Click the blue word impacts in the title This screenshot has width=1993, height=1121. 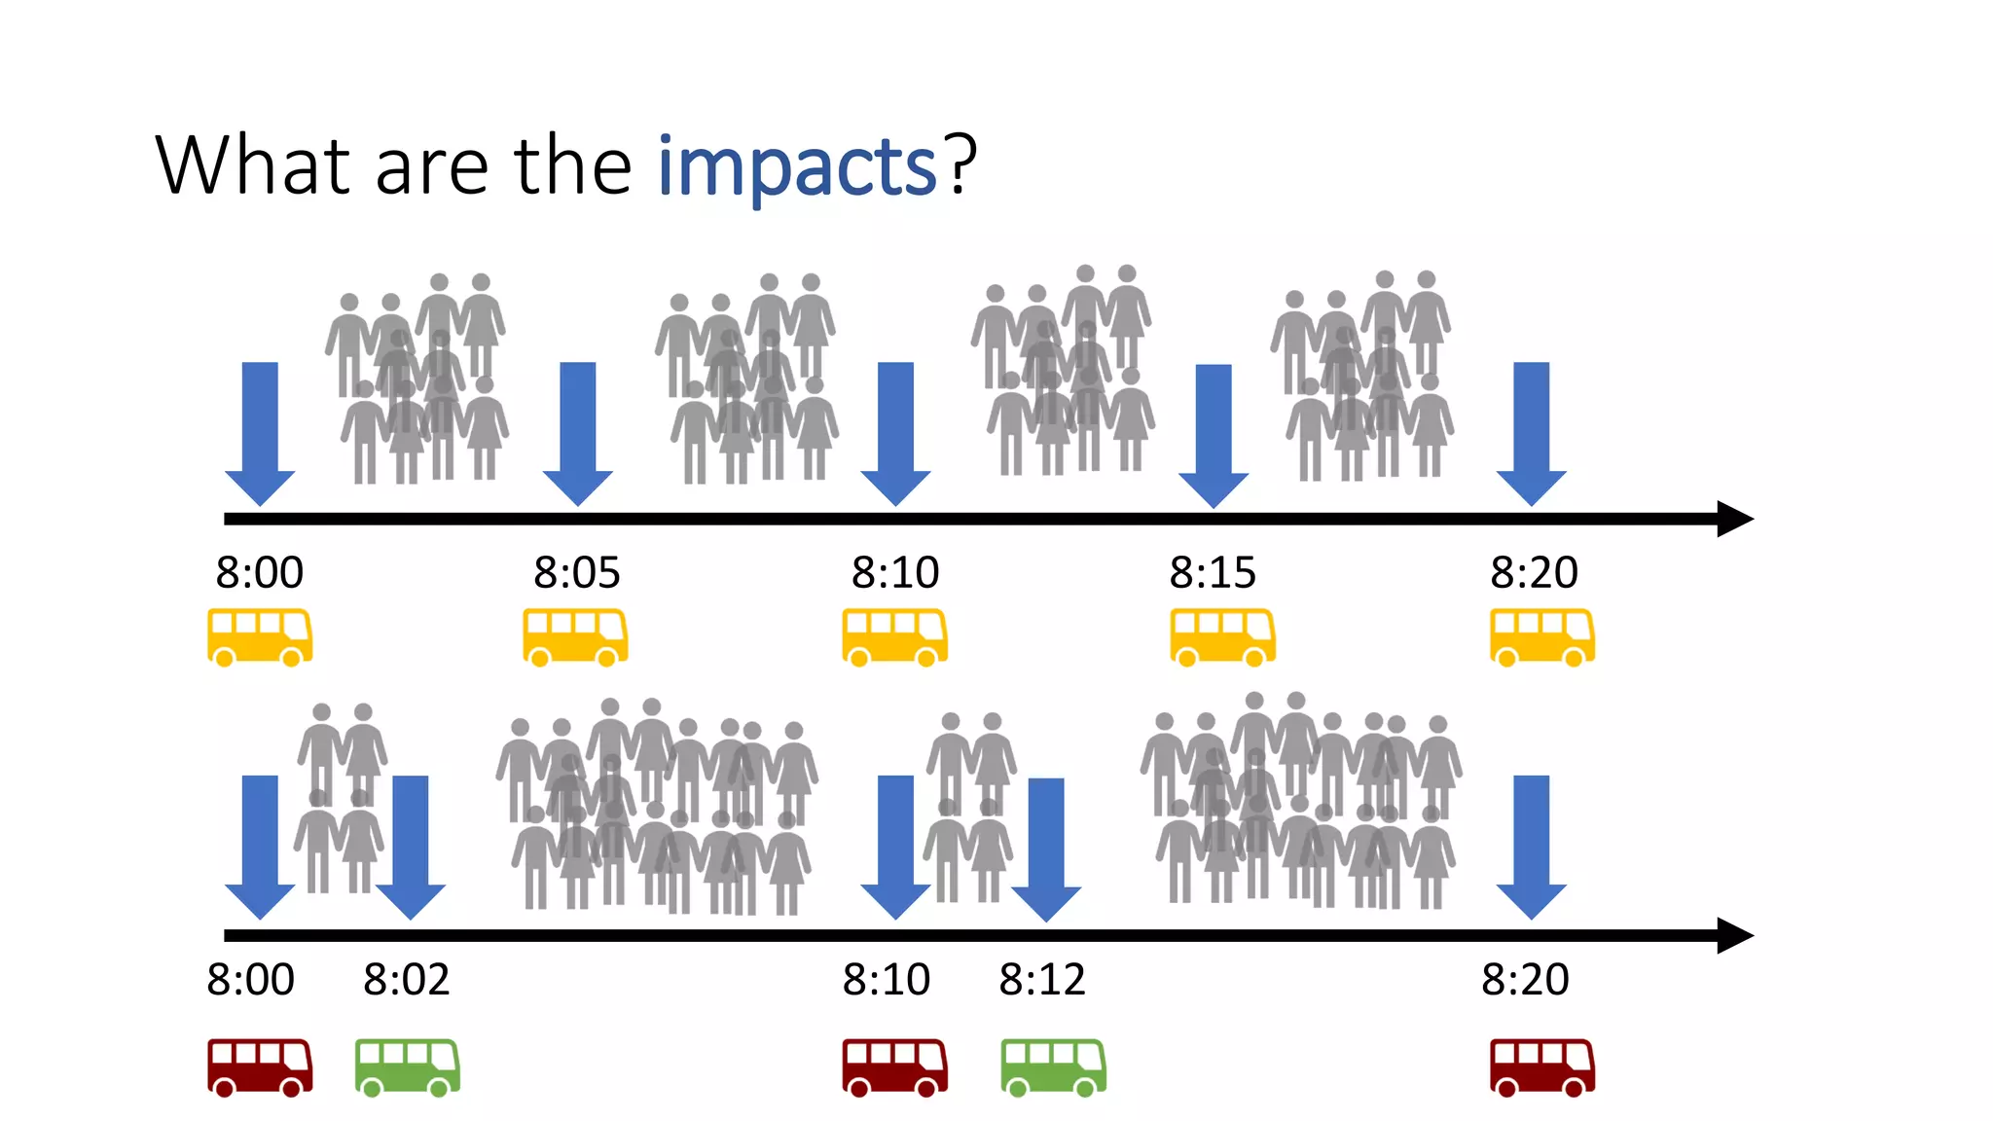(796, 167)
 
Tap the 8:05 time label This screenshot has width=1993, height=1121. (576, 572)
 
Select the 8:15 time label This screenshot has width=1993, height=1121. (1213, 572)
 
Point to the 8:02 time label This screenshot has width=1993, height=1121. (407, 980)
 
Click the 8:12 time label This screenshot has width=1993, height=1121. (1042, 980)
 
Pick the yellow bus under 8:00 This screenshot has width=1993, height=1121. (260, 637)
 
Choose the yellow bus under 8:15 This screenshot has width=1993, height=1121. (1222, 637)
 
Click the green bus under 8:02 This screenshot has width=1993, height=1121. (408, 1067)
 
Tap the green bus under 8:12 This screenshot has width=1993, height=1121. (1053, 1067)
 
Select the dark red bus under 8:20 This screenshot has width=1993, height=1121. (1542, 1067)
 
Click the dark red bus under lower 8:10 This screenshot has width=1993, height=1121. (894, 1067)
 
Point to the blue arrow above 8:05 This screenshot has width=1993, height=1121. (578, 433)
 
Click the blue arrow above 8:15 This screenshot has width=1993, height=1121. (1214, 435)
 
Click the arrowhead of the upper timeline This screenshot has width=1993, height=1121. (1734, 519)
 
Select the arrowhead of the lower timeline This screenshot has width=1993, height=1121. (1734, 935)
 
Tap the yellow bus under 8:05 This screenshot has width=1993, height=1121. (575, 637)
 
